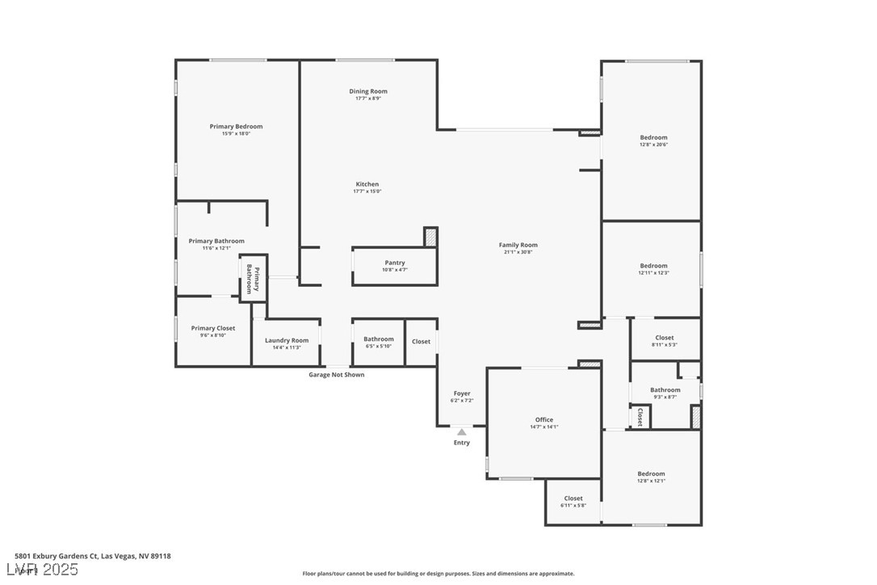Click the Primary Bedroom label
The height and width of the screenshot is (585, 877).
click(x=236, y=127)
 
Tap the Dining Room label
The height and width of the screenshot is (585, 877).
click(x=368, y=91)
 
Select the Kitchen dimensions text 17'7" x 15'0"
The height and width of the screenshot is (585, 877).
click(x=367, y=191)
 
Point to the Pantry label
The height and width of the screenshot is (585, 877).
click(x=395, y=263)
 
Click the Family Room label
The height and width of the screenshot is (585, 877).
click(x=518, y=245)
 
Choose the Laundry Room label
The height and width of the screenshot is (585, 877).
click(x=287, y=340)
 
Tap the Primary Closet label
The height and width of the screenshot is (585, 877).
click(x=213, y=328)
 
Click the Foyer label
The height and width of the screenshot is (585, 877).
click(x=461, y=394)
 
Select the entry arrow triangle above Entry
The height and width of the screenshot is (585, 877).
click(x=461, y=432)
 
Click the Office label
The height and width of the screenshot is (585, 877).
click(x=544, y=419)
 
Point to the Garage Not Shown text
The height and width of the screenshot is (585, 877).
click(x=336, y=375)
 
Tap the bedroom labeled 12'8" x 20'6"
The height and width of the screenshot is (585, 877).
click(x=653, y=137)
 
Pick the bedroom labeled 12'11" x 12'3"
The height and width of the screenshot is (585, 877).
click(x=653, y=266)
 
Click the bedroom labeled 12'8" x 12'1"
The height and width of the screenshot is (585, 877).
click(x=651, y=474)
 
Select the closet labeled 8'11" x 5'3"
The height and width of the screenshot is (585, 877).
click(x=664, y=338)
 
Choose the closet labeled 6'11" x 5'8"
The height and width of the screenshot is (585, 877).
click(x=573, y=499)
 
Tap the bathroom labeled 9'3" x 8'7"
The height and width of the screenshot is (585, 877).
click(x=665, y=390)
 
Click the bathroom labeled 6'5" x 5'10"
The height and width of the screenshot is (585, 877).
click(x=378, y=339)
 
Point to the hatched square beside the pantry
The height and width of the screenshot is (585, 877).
click(x=430, y=237)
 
